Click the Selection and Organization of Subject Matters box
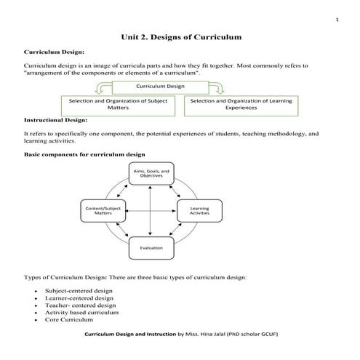pos(118,104)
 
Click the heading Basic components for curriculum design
pos(84,154)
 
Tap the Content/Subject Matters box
pos(103,211)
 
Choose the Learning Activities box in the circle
pos(199,211)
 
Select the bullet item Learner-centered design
pos(79,297)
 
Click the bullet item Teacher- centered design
pos(80,305)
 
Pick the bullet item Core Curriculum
pos(69,320)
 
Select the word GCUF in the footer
pos(269,334)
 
